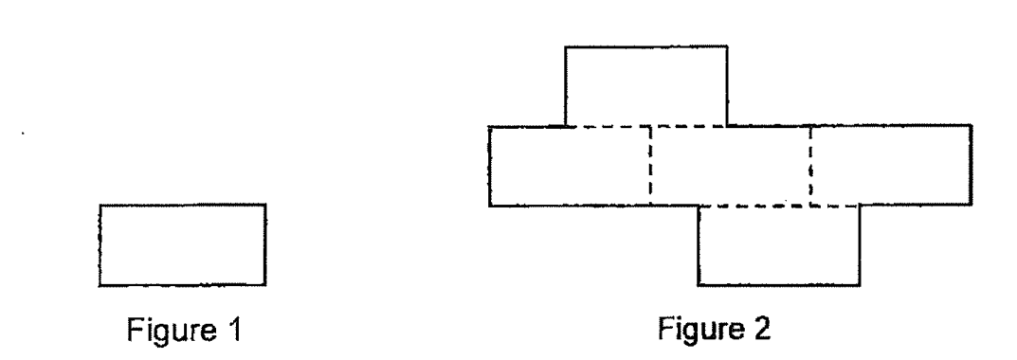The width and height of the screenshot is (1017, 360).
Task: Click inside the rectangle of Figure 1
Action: pos(182,244)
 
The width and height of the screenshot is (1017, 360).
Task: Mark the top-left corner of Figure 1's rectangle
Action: pos(100,205)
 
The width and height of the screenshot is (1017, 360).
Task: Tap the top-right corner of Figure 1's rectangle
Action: pos(265,205)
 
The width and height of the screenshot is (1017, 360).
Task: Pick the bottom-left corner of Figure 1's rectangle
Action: pos(100,285)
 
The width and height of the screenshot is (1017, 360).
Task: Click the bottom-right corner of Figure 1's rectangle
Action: pos(265,285)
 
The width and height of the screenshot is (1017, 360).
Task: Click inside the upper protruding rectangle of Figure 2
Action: pos(646,85)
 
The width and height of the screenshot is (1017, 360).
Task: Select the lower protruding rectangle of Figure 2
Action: pos(779,245)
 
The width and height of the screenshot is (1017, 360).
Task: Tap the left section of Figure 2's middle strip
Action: pos(570,166)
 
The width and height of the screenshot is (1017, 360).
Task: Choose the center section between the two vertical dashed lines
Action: pos(731,166)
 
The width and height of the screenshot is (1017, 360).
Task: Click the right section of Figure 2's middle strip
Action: pos(891,166)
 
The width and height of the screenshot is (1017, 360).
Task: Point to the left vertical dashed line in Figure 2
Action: pos(650,166)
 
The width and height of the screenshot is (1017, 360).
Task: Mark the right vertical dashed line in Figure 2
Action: pos(810,166)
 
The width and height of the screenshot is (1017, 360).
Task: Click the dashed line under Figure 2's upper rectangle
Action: pos(646,126)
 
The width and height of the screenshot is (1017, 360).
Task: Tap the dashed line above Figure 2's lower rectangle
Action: pos(779,207)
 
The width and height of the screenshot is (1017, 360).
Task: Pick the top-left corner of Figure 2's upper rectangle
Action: pos(566,46)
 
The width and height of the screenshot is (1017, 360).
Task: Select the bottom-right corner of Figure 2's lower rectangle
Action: pos(860,285)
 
